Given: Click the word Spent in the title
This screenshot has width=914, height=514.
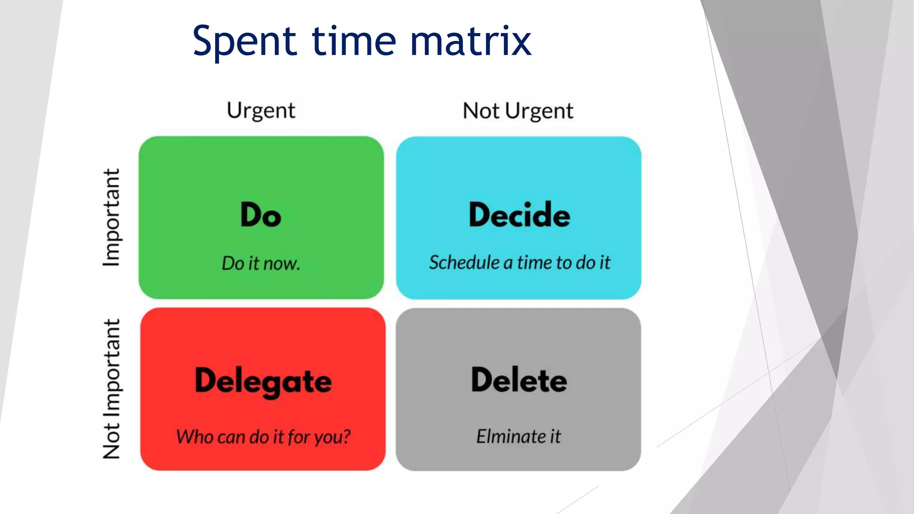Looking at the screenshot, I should [x=245, y=41].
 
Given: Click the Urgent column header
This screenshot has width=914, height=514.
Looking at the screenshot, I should [x=261, y=110].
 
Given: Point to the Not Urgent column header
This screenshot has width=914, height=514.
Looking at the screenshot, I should [x=518, y=111].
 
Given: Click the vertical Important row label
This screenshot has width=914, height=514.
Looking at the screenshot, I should [x=112, y=217].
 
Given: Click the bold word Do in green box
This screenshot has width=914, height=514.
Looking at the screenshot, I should [x=261, y=215].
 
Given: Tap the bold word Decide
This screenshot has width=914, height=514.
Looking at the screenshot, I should [x=519, y=215].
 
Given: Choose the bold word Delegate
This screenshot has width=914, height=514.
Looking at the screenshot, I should [x=263, y=382].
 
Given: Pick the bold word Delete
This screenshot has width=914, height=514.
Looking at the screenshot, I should [x=519, y=380].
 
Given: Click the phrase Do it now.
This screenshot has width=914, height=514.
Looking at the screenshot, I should [x=261, y=263].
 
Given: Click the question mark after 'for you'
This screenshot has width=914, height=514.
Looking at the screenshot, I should [x=346, y=436].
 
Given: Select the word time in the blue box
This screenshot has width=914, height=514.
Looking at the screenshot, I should [x=534, y=262].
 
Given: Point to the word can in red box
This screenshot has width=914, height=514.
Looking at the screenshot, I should [x=232, y=437].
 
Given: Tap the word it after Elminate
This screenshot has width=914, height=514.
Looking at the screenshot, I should [x=555, y=436].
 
